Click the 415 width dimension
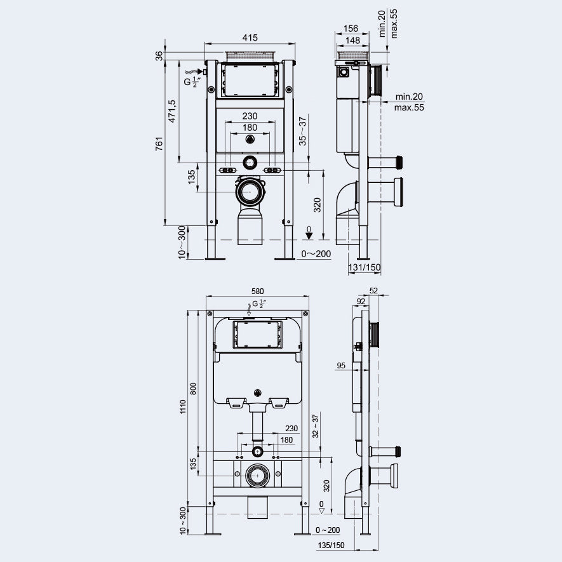(250, 38)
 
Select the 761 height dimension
(160, 144)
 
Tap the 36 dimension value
(159, 57)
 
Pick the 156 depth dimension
(351, 29)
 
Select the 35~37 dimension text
(303, 129)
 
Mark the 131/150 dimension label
(365, 267)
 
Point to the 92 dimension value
(361, 302)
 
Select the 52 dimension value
(373, 290)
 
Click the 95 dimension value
(341, 365)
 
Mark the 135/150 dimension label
(331, 545)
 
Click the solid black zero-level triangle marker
(309, 236)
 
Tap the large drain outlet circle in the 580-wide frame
(257, 475)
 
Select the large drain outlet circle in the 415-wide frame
(250, 191)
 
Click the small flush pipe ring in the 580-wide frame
(257, 452)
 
